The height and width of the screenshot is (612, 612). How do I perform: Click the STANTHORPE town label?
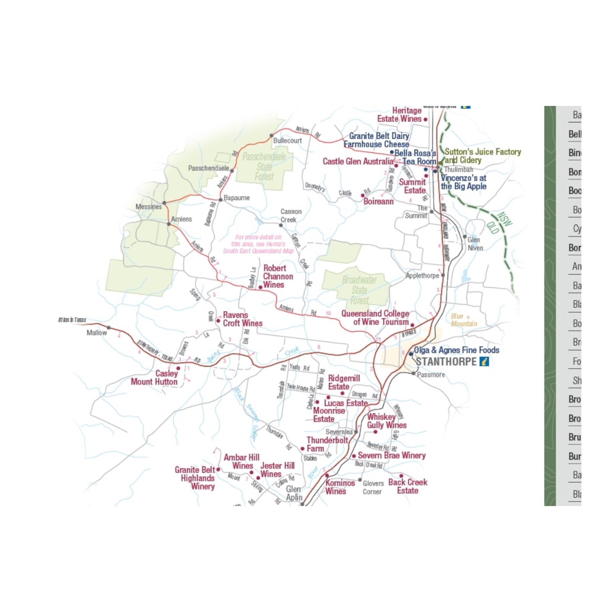tap(446, 362)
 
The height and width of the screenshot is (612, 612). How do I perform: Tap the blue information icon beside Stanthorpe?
tap(484, 361)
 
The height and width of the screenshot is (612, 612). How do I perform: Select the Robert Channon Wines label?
tap(278, 277)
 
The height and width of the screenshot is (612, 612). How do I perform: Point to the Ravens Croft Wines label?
tap(243, 319)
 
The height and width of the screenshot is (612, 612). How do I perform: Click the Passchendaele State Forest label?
tap(264, 167)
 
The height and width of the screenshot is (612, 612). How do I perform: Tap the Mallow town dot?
tap(109, 328)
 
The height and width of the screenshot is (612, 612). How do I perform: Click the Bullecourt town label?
tap(287, 141)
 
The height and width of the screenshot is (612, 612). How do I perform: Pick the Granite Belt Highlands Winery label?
tap(195, 478)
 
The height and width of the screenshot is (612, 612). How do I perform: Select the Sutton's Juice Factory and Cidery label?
tap(482, 156)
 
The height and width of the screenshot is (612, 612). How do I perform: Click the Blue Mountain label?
tap(464, 320)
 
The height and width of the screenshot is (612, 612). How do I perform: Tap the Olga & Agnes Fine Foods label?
tap(456, 350)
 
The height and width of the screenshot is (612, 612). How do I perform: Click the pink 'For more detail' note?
tap(258, 244)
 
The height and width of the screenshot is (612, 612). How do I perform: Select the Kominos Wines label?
tap(340, 487)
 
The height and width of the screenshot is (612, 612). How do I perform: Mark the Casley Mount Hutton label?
tap(155, 378)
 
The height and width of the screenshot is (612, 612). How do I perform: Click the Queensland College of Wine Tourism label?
tap(375, 318)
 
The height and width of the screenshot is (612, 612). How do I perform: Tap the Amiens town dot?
tap(169, 224)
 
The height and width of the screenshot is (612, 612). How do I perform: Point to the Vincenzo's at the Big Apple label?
tap(463, 182)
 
